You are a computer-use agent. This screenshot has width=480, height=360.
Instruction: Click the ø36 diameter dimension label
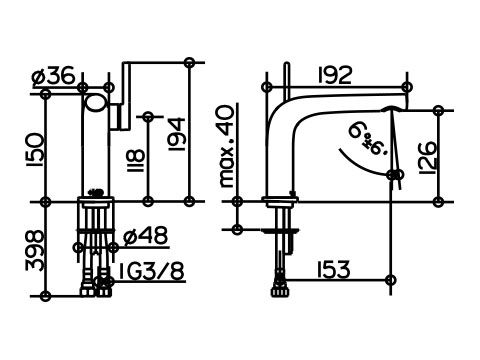pyautogui.click(x=54, y=77)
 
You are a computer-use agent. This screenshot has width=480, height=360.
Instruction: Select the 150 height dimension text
pyautogui.click(x=35, y=150)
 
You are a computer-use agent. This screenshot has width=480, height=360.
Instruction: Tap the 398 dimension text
pyautogui.click(x=35, y=250)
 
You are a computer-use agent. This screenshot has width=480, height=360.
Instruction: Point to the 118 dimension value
pyautogui.click(x=136, y=161)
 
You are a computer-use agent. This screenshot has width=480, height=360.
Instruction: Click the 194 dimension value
pyautogui.click(x=177, y=134)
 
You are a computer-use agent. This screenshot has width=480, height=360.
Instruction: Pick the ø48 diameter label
pyautogui.click(x=146, y=236)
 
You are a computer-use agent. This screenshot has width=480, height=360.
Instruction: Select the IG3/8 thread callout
pyautogui.click(x=151, y=271)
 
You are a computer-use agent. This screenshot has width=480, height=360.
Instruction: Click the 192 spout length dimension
pyautogui.click(x=335, y=75)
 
